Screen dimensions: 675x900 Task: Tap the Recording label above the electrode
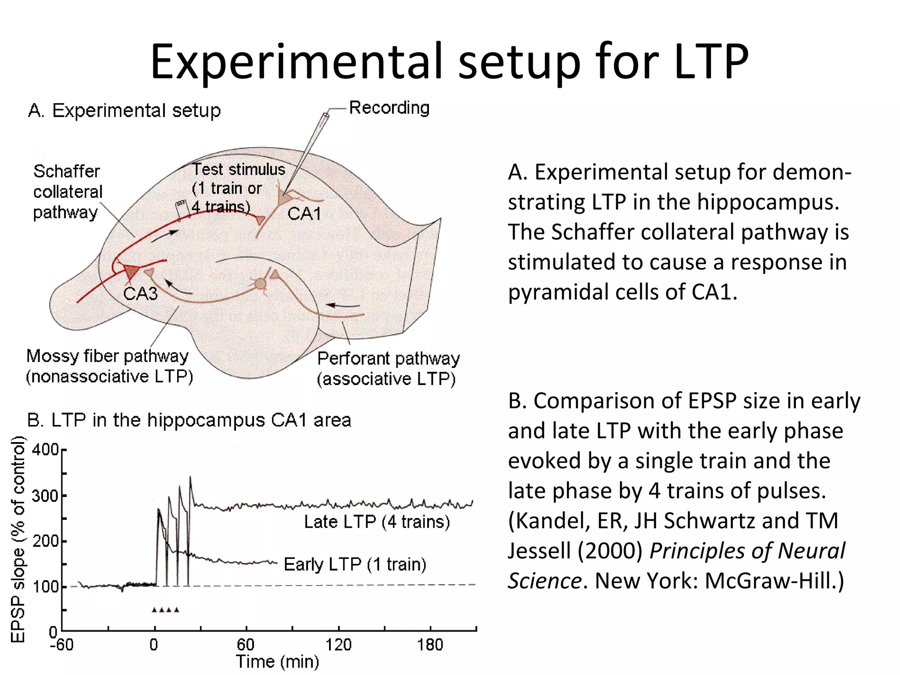coord(389,108)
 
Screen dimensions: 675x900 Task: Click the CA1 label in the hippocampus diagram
coord(304,214)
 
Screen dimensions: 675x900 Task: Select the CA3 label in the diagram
coord(140,294)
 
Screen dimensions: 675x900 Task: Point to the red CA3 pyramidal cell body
coord(131,272)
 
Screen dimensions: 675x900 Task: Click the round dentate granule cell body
coord(260,283)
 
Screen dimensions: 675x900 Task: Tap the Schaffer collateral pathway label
coord(67,192)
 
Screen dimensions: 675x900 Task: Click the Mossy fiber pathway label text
coord(108,356)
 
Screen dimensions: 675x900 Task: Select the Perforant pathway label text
coord(388,359)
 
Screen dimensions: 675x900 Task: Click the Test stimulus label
coord(239,170)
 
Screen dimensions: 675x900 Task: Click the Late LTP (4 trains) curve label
coord(377,522)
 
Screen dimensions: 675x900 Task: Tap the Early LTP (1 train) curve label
coord(355,564)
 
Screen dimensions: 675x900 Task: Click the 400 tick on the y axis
coord(45,450)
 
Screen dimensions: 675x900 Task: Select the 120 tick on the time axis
coord(338,645)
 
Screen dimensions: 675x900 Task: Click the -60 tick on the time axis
coord(62,645)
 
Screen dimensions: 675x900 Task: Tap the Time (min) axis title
coord(277,661)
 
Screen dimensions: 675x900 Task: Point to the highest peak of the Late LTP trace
coord(190,477)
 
